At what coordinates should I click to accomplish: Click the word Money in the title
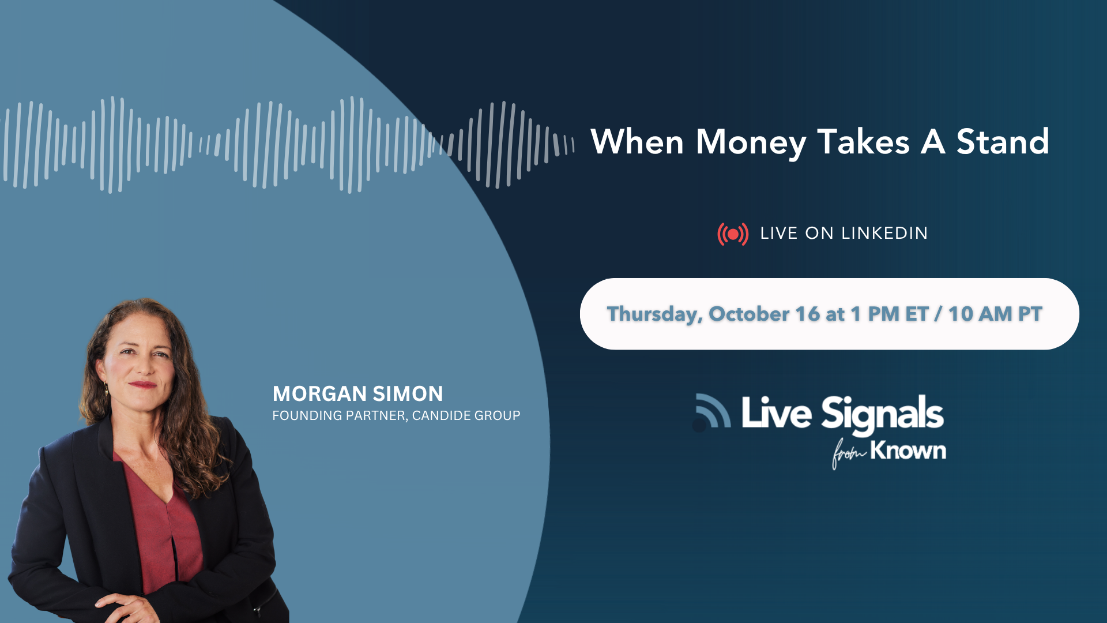coord(751,142)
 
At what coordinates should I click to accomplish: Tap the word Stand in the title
coord(1003,141)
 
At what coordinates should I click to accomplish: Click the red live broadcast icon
coord(733,234)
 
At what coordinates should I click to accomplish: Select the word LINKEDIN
coord(884,233)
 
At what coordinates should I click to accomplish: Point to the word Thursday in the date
coord(655,314)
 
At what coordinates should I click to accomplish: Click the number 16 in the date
coord(807,314)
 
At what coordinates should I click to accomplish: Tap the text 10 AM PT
coord(995,314)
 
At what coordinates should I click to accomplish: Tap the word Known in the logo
coord(908,450)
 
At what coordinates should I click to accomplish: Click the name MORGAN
coord(319,394)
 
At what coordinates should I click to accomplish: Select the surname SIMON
coord(408,394)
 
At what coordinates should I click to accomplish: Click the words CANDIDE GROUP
coord(466,415)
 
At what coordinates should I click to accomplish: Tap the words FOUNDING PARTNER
coord(339,416)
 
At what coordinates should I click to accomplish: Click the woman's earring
coord(107,389)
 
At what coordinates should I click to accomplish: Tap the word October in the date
coord(749,314)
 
